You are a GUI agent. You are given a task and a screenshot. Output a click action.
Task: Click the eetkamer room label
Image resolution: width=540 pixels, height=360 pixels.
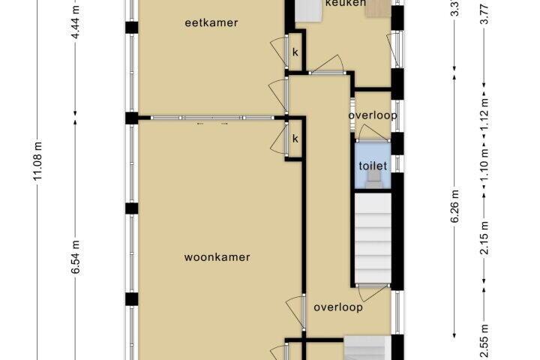click(211, 22)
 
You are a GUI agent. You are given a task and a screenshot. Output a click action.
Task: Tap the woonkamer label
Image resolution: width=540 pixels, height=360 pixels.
click(217, 257)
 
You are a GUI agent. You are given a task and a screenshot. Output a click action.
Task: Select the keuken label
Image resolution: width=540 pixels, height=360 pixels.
click(345, 4)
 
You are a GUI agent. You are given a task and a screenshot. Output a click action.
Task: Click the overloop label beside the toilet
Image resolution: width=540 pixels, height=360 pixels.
click(372, 115)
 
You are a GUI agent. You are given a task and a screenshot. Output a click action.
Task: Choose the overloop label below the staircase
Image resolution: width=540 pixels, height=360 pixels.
click(338, 307)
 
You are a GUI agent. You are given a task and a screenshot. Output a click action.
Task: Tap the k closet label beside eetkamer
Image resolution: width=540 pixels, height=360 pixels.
click(295, 52)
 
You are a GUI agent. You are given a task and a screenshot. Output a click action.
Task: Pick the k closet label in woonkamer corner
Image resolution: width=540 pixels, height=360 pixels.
click(295, 139)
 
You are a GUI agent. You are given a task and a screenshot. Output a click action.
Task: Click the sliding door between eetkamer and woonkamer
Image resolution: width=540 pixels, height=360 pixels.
click(210, 118)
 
